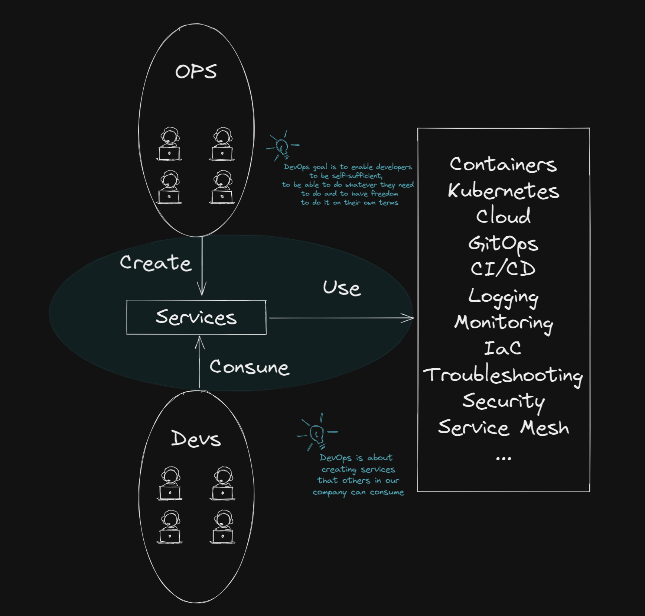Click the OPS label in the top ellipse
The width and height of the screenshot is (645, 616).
(x=196, y=71)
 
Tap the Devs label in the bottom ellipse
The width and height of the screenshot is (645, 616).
(x=196, y=439)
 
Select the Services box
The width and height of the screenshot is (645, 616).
(x=196, y=317)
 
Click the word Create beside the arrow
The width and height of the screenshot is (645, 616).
(x=156, y=263)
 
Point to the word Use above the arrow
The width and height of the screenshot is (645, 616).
(x=342, y=288)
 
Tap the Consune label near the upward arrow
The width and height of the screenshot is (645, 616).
(x=249, y=367)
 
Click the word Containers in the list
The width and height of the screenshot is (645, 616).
(x=503, y=164)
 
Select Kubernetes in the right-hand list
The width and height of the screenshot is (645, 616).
(x=503, y=191)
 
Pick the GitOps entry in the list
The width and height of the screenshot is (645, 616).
(x=503, y=244)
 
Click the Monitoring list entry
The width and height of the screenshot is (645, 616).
(x=503, y=322)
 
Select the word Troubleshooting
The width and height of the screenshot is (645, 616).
(x=503, y=375)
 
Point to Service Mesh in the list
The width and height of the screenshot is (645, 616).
(x=503, y=427)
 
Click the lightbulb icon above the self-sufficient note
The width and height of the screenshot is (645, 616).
(x=282, y=146)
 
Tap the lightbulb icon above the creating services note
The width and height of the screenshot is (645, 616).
(x=317, y=433)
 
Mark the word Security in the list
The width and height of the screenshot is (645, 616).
(x=503, y=401)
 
